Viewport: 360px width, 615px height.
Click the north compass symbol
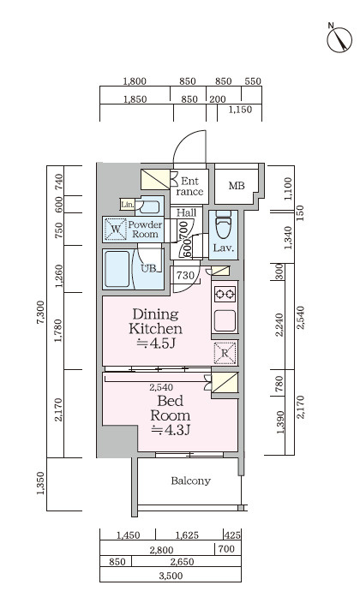(x=339, y=39)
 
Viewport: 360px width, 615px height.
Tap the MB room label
(x=237, y=186)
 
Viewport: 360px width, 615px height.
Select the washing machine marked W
(x=116, y=229)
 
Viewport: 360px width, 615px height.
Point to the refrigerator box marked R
(x=225, y=353)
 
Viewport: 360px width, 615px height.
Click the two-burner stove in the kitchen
(x=225, y=294)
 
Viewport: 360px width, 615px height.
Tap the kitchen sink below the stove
(x=225, y=320)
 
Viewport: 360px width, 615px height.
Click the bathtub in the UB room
(x=117, y=269)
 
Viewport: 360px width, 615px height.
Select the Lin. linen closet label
(x=127, y=205)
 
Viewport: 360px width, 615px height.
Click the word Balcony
(x=191, y=481)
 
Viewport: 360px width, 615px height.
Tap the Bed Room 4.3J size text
(x=171, y=430)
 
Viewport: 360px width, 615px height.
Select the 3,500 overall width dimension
(x=171, y=576)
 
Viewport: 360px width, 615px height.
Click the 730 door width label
(x=185, y=275)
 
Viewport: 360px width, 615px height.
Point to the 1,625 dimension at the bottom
(x=187, y=535)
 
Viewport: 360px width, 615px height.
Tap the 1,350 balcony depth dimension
(x=40, y=483)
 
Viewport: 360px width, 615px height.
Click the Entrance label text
(x=190, y=187)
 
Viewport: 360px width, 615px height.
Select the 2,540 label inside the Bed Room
(x=161, y=387)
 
